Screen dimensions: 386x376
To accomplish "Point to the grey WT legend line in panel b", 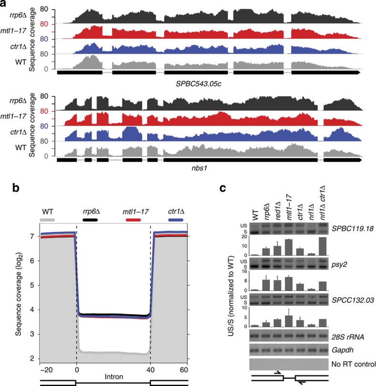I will coord(47,219).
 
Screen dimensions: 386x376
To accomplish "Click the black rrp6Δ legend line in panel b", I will coord(90,219).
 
